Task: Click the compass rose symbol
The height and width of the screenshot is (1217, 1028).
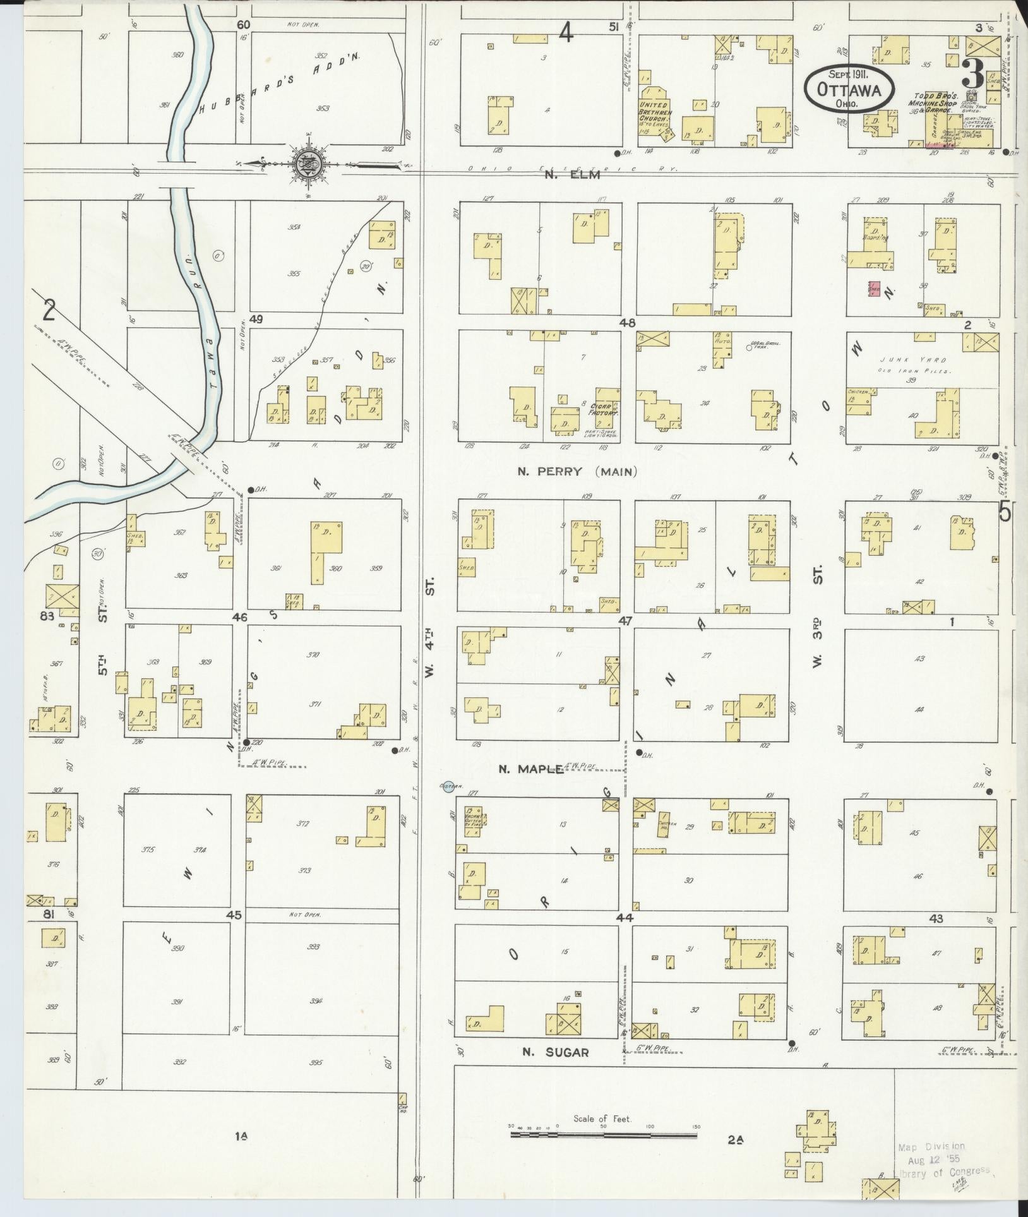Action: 310,165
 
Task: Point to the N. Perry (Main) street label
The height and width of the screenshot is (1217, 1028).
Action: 577,471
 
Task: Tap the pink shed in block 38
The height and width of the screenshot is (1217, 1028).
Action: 875,289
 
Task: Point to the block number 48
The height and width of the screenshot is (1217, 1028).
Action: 626,322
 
